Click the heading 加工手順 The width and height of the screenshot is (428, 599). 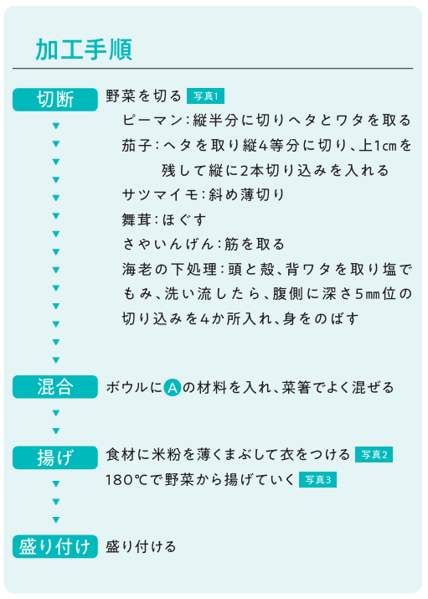[84, 49]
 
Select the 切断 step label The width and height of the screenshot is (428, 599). [55, 100]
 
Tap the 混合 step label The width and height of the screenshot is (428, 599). [55, 387]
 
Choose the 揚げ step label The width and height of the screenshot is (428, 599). [55, 457]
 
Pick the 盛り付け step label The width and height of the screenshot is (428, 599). [55, 546]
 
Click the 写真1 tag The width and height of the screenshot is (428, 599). [205, 96]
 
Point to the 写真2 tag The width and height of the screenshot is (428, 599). [374, 455]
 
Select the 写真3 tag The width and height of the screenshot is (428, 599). [317, 480]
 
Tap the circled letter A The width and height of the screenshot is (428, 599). [173, 388]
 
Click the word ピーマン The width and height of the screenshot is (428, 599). [152, 121]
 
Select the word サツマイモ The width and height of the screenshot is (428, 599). [160, 195]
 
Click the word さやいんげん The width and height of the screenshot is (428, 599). [168, 245]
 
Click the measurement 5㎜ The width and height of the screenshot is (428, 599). [368, 294]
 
